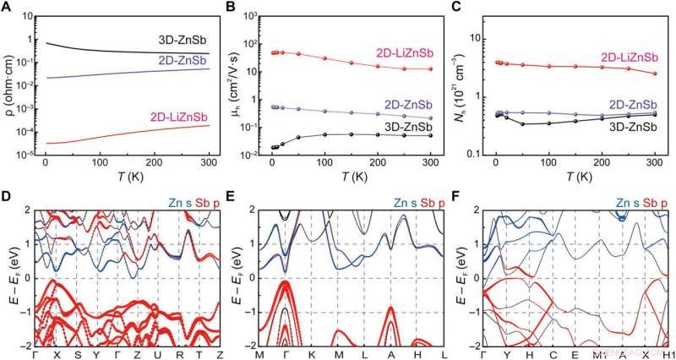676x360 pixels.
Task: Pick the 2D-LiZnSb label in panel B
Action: tap(406, 54)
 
